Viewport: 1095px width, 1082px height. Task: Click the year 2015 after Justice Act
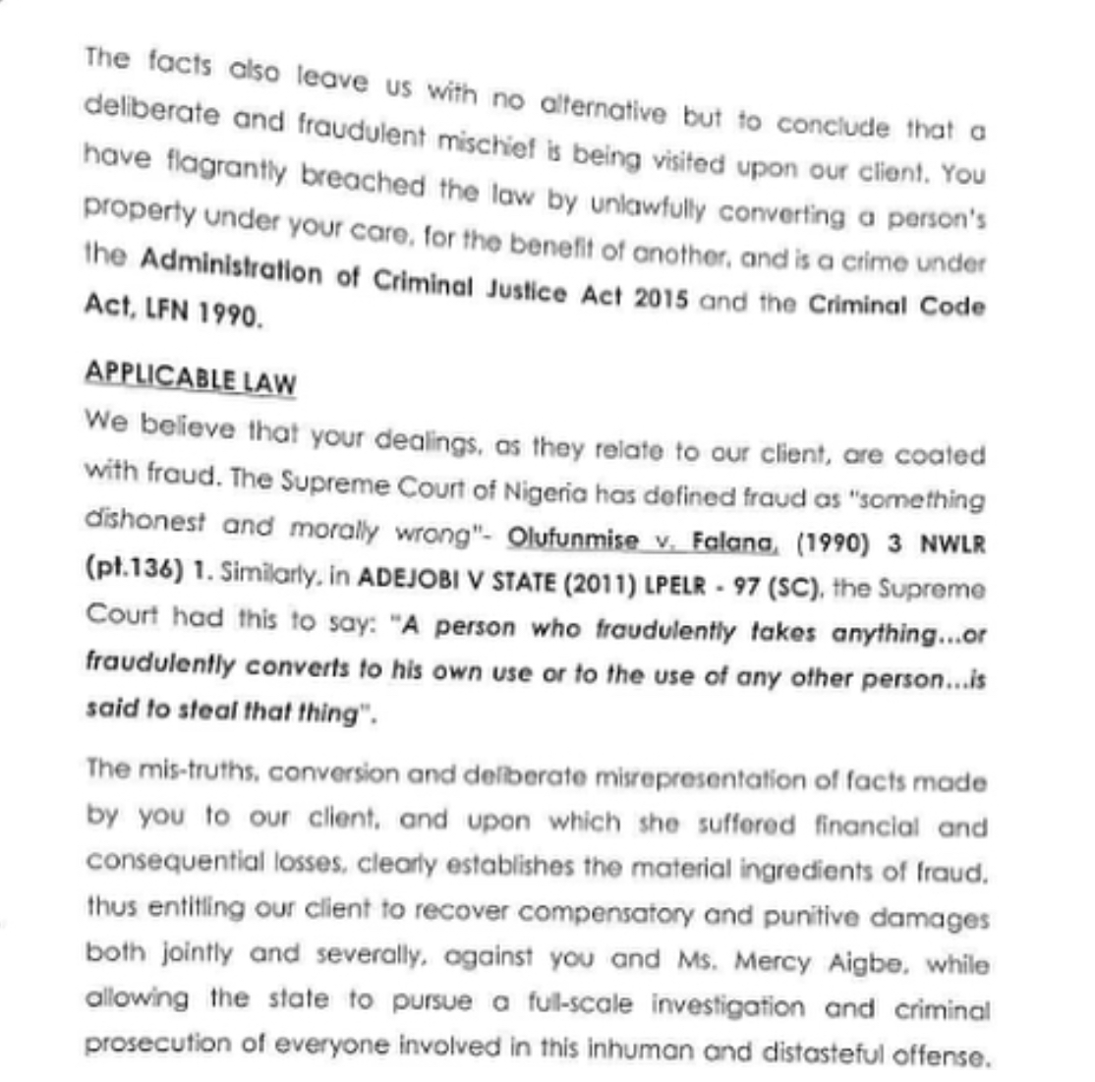[660, 297]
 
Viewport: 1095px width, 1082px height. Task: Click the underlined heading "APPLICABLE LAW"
[190, 378]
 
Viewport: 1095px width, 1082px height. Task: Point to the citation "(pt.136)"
[128, 572]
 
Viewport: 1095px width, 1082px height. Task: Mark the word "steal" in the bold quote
[202, 711]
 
